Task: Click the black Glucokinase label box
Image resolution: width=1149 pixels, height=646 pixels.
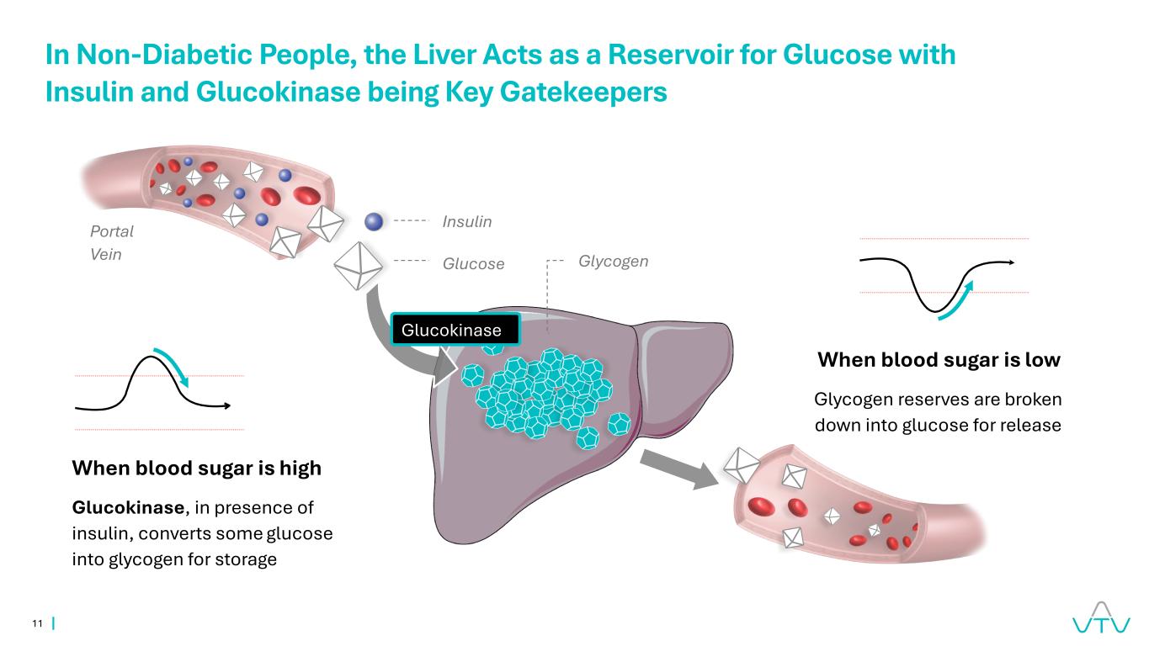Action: [x=455, y=329]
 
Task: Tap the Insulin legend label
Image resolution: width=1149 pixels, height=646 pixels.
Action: [x=467, y=221]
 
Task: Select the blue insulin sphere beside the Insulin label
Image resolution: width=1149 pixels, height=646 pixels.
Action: [x=374, y=221]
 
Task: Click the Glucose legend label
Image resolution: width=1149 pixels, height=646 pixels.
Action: [x=473, y=263]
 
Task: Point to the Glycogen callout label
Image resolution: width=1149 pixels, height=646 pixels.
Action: [x=613, y=262]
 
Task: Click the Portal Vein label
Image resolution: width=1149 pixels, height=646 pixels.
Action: [x=111, y=242]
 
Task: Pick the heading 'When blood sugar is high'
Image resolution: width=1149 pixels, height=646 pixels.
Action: [x=196, y=468]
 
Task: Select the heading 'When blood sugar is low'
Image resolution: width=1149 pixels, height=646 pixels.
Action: [x=939, y=359]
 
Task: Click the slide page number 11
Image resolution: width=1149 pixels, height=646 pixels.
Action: [x=37, y=623]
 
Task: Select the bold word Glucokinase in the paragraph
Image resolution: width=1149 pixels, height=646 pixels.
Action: [x=128, y=507]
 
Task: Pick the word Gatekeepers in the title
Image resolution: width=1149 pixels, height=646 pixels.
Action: [x=583, y=93]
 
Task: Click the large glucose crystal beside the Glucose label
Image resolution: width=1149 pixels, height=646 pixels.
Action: [x=358, y=266]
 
